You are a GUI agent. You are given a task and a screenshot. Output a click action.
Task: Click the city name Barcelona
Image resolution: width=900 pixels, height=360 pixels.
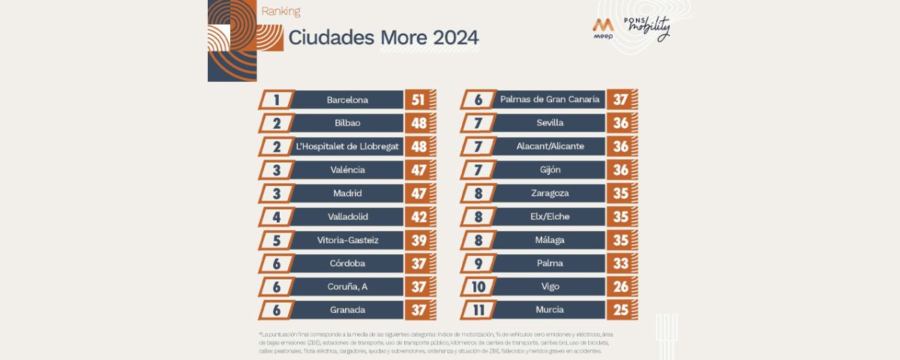point(347,100)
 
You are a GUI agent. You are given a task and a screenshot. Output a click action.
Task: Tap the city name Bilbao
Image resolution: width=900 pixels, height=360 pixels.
point(347,123)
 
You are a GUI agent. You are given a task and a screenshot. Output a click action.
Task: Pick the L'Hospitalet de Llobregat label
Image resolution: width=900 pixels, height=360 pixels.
point(347,146)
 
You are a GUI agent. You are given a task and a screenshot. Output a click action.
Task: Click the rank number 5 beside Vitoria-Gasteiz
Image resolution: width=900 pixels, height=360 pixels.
point(277,240)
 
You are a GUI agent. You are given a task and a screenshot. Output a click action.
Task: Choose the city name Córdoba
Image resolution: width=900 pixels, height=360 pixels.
point(347,263)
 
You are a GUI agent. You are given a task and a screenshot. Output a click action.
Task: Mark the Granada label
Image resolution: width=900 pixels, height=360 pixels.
point(347,310)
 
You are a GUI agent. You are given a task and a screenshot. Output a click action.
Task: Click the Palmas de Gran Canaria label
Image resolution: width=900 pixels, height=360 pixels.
point(550,100)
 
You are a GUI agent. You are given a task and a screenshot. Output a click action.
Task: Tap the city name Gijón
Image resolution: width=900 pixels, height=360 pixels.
point(550,169)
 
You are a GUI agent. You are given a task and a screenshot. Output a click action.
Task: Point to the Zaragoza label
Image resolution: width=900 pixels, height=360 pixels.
point(550,193)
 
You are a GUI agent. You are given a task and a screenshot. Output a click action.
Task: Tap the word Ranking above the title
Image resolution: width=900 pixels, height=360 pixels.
point(281,11)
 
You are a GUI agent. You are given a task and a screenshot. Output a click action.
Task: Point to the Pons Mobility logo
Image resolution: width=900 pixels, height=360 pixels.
point(647,28)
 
